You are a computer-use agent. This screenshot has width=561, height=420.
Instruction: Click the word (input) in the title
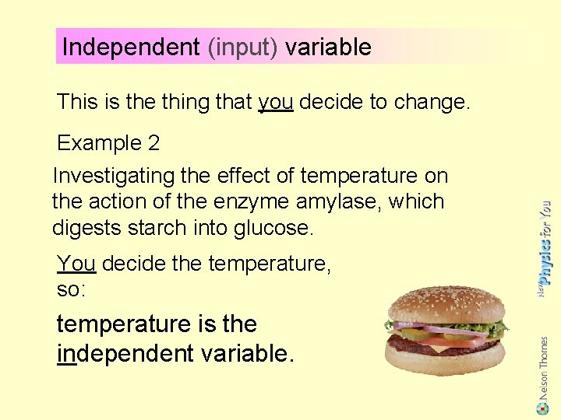coord(242,47)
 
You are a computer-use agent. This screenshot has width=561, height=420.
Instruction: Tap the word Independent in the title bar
coord(131,47)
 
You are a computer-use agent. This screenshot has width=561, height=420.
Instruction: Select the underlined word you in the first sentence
coord(275,102)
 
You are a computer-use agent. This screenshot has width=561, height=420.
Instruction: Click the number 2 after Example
coord(153,143)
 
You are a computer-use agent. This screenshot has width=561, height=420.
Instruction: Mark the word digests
coord(83,228)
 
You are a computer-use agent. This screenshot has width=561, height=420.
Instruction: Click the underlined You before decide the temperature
coord(76,264)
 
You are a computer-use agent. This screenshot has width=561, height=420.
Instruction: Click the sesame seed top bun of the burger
coord(446,303)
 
